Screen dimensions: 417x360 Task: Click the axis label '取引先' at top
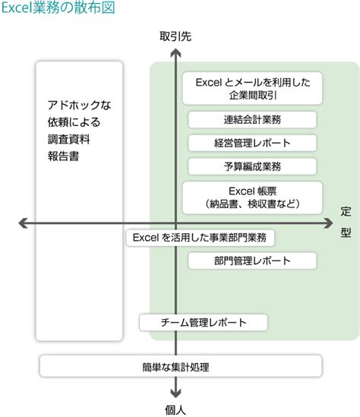(175, 36)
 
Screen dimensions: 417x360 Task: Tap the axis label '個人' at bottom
(175, 409)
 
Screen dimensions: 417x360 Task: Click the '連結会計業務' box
(252, 119)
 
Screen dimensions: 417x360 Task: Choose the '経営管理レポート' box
(252, 143)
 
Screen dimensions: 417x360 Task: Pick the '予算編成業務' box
(252, 166)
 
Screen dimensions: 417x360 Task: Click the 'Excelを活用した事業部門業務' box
(200, 238)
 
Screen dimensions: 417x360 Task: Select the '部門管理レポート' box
(252, 261)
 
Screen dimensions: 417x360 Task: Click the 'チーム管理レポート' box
(204, 323)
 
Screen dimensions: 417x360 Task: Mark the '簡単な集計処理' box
(175, 366)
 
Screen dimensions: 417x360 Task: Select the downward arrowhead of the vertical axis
(175, 393)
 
